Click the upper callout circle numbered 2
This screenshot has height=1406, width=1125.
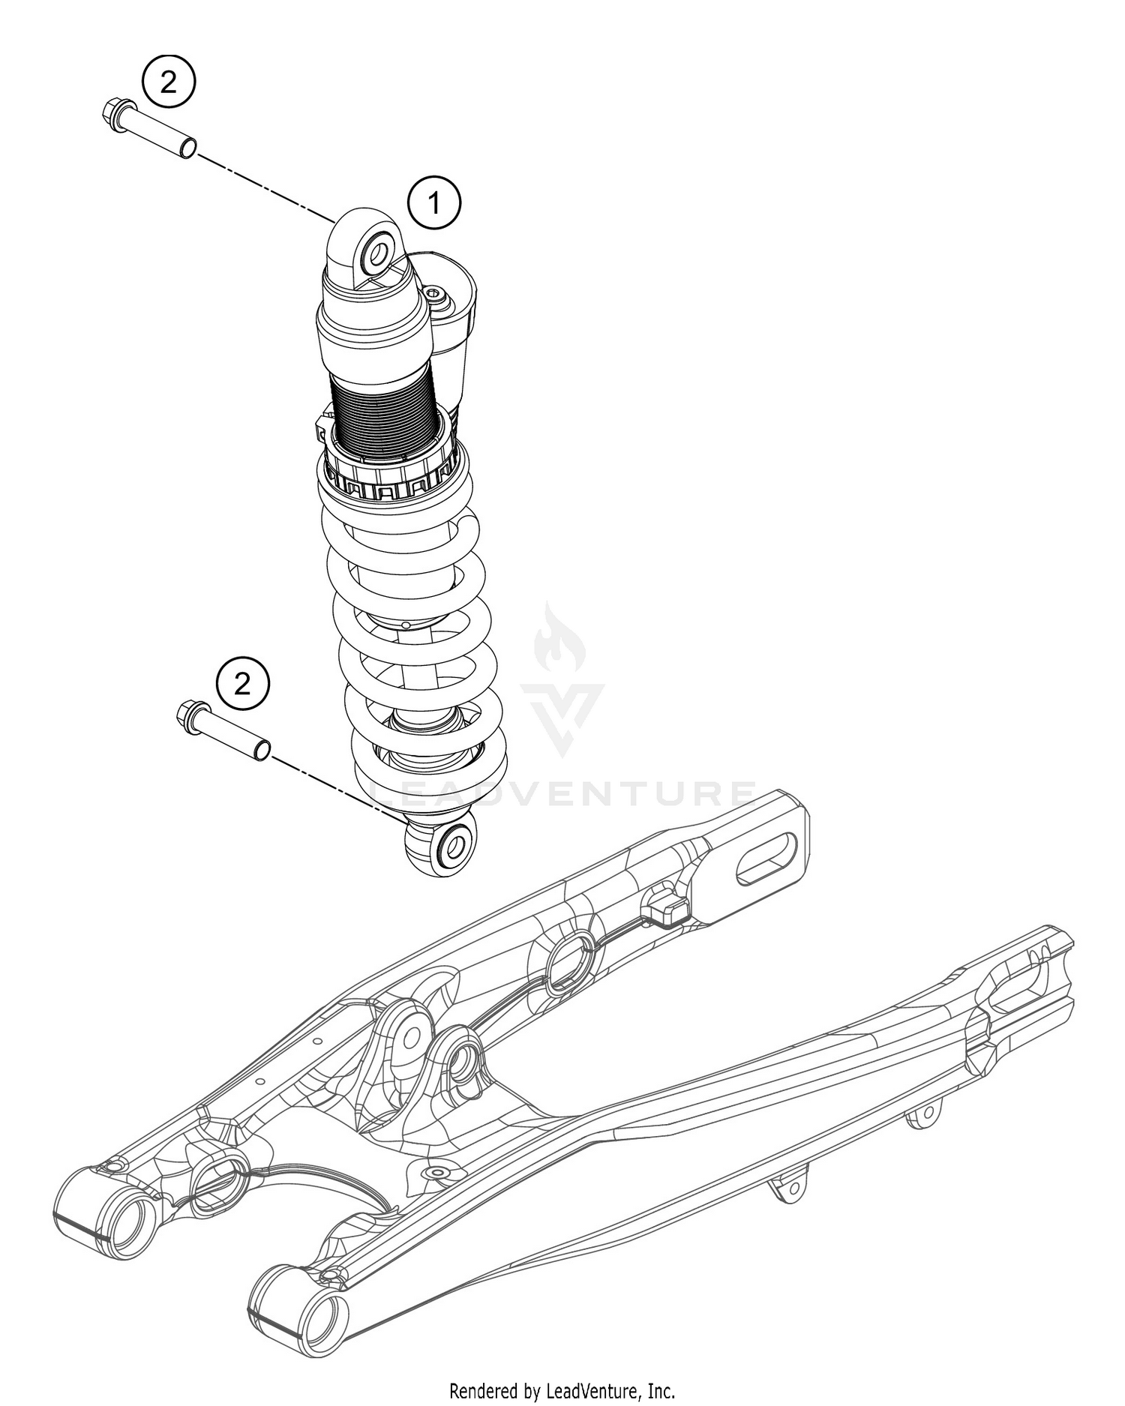coord(169,82)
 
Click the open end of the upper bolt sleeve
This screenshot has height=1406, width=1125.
coord(187,146)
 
